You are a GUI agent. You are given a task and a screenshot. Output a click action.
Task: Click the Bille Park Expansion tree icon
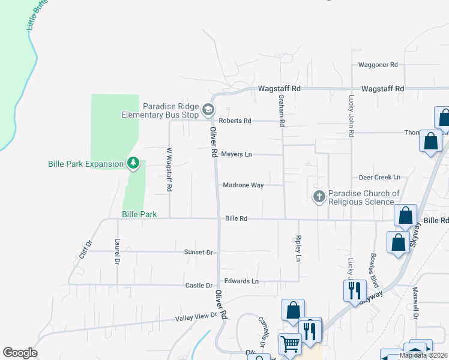[133, 163]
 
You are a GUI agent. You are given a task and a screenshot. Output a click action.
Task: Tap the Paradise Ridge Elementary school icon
[208, 109]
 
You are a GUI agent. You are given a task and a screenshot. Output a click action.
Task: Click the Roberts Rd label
[235, 121]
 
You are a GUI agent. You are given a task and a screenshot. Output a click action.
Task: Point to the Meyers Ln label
[236, 154]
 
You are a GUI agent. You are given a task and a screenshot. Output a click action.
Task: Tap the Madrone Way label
[243, 185]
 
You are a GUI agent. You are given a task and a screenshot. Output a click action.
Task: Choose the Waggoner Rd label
[378, 65]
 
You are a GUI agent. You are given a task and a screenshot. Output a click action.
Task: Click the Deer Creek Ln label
[379, 178]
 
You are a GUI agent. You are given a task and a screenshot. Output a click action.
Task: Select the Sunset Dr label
[199, 253]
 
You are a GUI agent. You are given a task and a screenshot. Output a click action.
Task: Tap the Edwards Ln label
[241, 281]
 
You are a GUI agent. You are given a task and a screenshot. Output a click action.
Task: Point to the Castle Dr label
[199, 286]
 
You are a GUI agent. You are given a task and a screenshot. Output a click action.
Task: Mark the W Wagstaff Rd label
[169, 170]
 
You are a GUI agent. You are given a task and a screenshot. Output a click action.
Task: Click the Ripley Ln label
[298, 248]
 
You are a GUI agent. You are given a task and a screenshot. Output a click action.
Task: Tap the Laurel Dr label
[117, 252]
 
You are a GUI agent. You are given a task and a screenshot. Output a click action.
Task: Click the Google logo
[20, 353]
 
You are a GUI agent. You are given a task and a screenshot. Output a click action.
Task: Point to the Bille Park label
[139, 214]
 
